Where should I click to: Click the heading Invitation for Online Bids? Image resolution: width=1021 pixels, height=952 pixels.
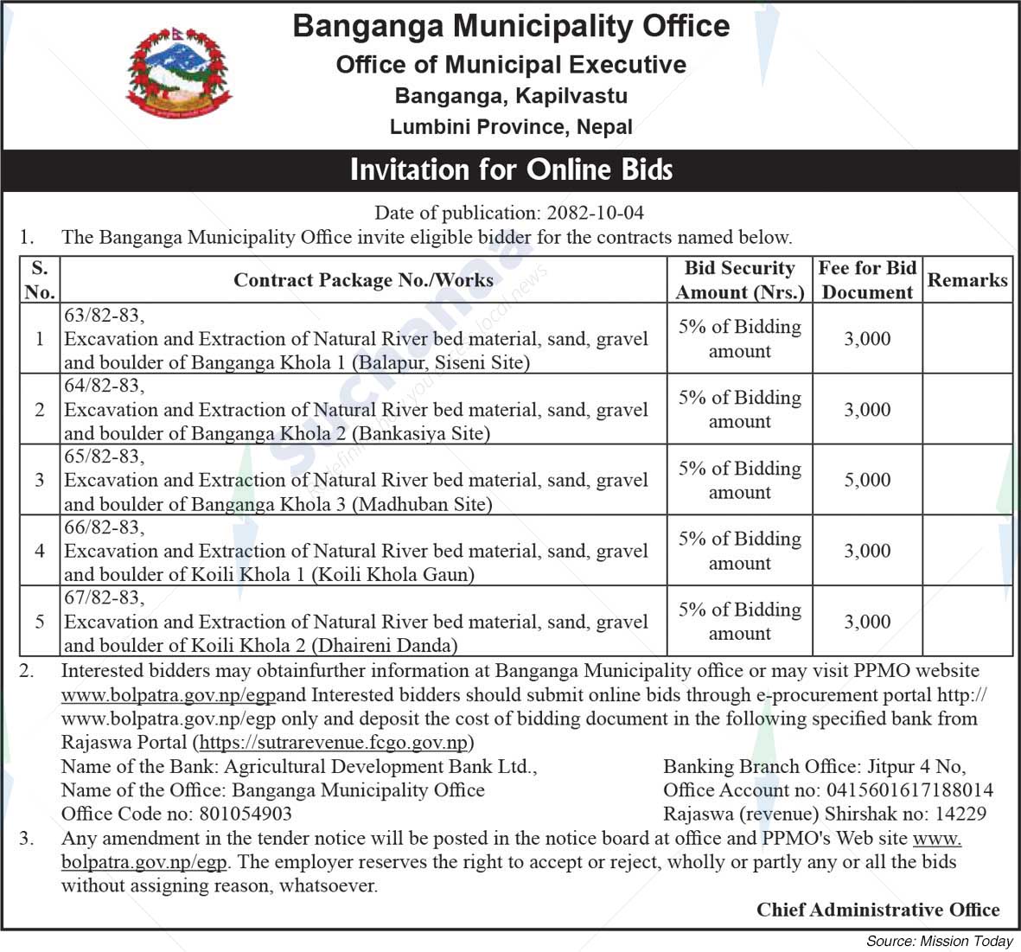coord(511,169)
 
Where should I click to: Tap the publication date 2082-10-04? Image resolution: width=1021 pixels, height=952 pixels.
coord(594,213)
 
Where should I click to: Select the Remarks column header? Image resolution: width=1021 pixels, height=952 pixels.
coord(967,280)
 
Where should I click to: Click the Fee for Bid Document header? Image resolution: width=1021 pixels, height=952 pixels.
coord(867,280)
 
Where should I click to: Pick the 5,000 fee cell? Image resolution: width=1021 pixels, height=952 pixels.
coord(867,480)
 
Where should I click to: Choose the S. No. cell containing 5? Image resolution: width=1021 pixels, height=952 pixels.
coord(40,622)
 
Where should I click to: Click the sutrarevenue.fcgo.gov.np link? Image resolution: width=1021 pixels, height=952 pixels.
coord(333,742)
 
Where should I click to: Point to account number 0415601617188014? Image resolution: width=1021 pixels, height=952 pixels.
coord(909,790)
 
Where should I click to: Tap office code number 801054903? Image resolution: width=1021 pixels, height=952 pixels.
coord(245,814)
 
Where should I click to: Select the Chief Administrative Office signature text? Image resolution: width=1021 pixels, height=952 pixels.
coord(877,910)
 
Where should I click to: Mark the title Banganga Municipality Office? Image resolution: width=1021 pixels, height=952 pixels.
coord(511,26)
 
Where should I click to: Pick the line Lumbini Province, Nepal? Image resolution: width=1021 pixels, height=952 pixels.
coord(511,127)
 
